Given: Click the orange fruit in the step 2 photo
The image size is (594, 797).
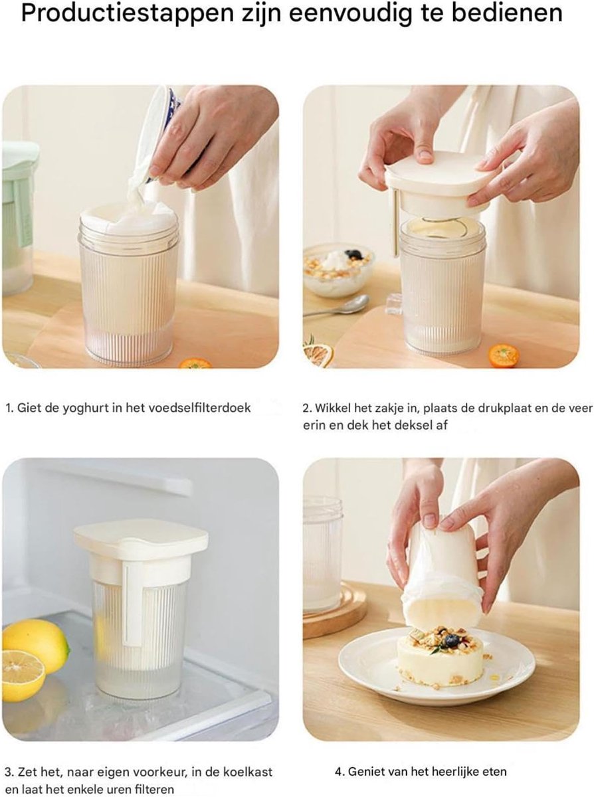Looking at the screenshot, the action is point(504,356).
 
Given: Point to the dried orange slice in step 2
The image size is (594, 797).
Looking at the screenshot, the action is point(318,355).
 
